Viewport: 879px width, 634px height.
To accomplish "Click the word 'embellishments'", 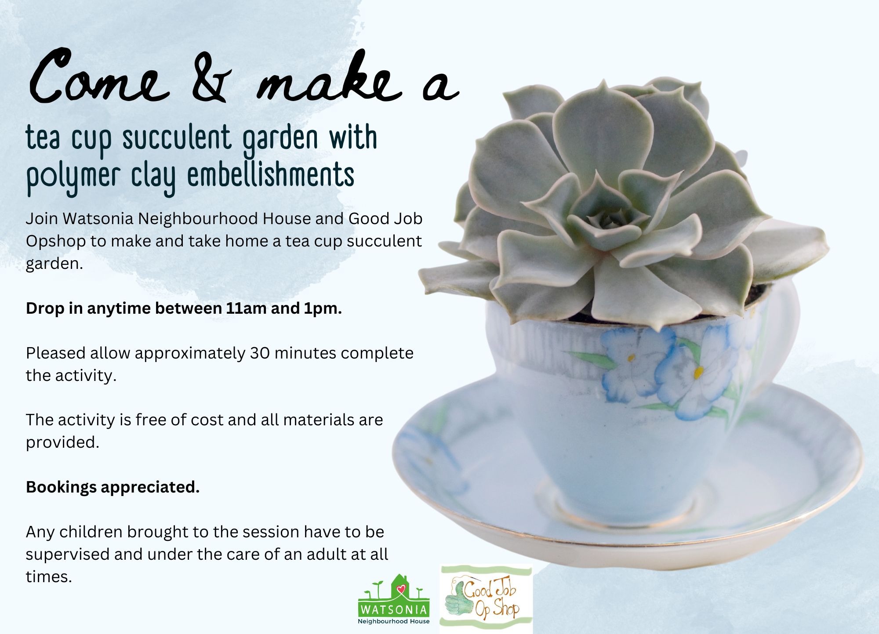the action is (271, 174).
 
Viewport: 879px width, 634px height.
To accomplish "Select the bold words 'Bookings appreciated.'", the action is (113, 487).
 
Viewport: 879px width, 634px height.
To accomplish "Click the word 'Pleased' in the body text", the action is (56, 353).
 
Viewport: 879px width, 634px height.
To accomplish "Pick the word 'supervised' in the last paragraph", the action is (68, 555).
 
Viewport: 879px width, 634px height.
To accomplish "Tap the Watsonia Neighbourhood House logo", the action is (394, 599).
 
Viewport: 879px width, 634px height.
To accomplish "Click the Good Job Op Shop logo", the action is (486, 598).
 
